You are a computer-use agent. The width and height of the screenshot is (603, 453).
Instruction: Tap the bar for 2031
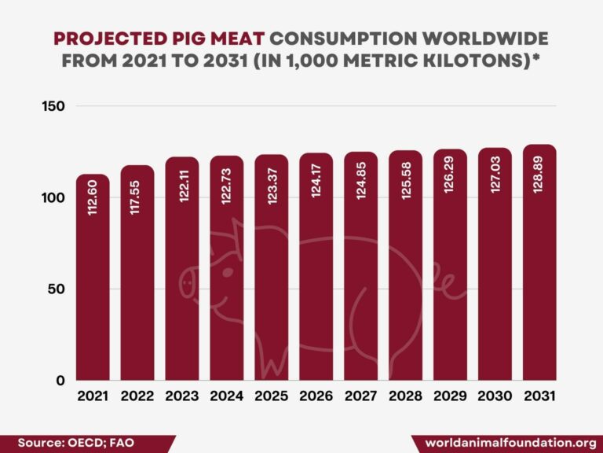click(539, 267)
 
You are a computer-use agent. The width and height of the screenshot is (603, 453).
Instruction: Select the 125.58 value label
click(405, 181)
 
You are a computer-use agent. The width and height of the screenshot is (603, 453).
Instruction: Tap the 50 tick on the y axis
click(57, 289)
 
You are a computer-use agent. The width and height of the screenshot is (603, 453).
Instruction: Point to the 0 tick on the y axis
click(60, 381)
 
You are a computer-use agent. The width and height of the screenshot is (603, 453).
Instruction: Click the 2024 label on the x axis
click(226, 397)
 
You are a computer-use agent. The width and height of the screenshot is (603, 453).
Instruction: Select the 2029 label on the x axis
click(450, 397)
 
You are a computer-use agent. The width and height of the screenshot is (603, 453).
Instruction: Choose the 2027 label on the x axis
click(360, 397)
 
